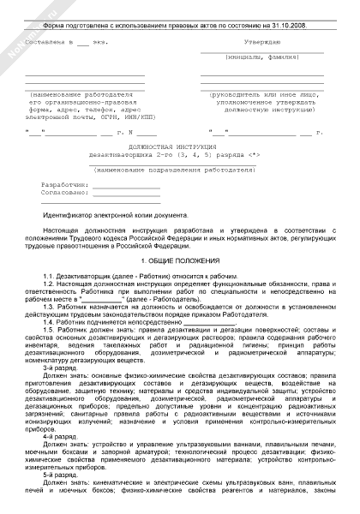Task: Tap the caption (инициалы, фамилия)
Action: coord(262,57)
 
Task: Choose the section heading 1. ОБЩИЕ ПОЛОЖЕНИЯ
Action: coord(179,258)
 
